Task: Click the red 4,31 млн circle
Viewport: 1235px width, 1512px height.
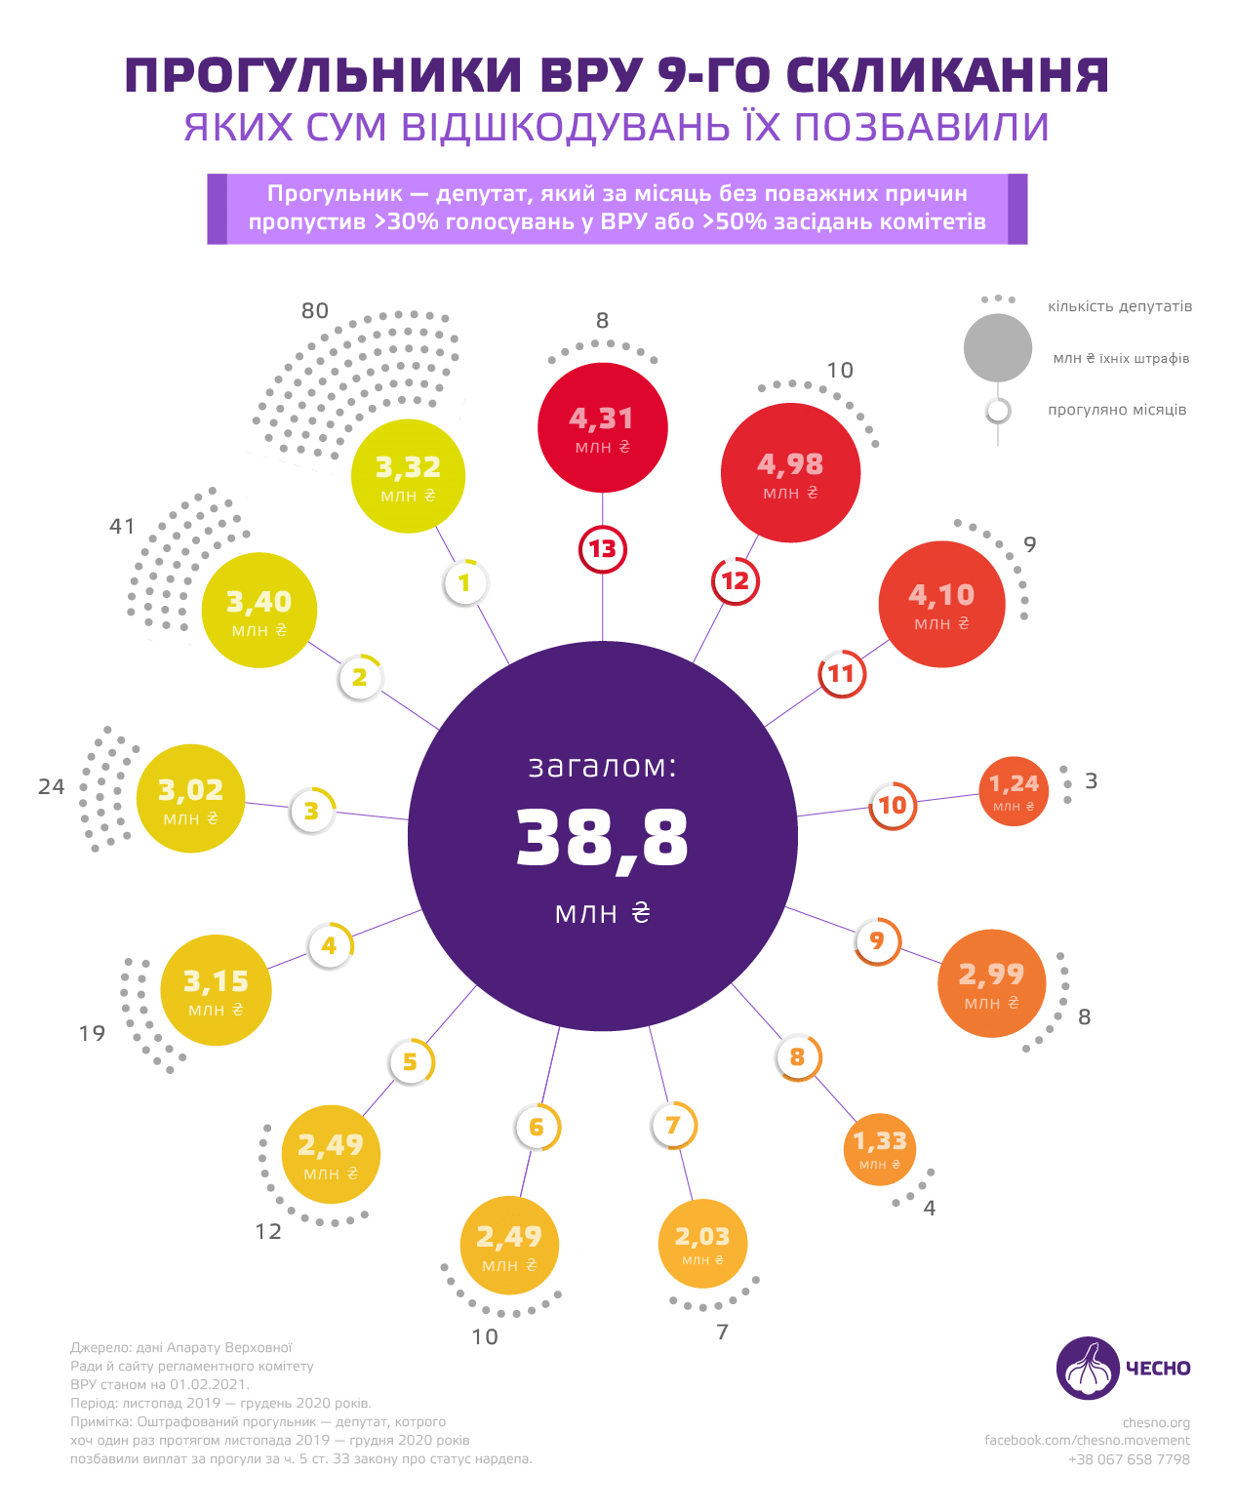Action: click(x=602, y=427)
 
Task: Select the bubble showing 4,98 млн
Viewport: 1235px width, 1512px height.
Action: click(x=790, y=472)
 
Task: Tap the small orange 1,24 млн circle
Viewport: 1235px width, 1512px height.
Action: click(x=1014, y=791)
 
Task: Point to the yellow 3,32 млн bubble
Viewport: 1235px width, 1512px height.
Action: click(x=408, y=476)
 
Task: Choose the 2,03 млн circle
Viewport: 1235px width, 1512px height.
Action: click(x=702, y=1244)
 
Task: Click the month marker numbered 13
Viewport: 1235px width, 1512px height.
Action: click(x=602, y=549)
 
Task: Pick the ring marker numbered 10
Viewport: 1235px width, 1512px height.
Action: click(x=893, y=806)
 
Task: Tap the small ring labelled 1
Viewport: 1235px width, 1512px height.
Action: click(x=465, y=583)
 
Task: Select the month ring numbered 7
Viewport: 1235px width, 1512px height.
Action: click(x=673, y=1126)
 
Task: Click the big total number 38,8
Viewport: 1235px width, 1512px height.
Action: click(x=602, y=838)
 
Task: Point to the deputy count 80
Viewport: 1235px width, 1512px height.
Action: click(x=315, y=311)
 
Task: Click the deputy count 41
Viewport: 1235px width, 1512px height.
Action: click(x=122, y=527)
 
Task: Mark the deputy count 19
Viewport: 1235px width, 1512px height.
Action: click(x=93, y=1034)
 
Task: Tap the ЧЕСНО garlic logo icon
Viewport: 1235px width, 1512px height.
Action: click(x=1087, y=1368)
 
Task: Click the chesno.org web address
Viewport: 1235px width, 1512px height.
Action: click(x=1156, y=1422)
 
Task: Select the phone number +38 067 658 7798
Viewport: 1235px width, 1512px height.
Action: click(x=1129, y=1459)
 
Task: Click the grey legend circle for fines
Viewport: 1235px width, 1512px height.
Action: click(x=997, y=348)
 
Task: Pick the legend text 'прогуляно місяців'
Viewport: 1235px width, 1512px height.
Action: click(x=1117, y=410)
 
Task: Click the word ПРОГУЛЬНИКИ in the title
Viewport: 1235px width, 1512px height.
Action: click(x=323, y=76)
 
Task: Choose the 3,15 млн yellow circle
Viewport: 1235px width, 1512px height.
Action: click(x=216, y=990)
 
